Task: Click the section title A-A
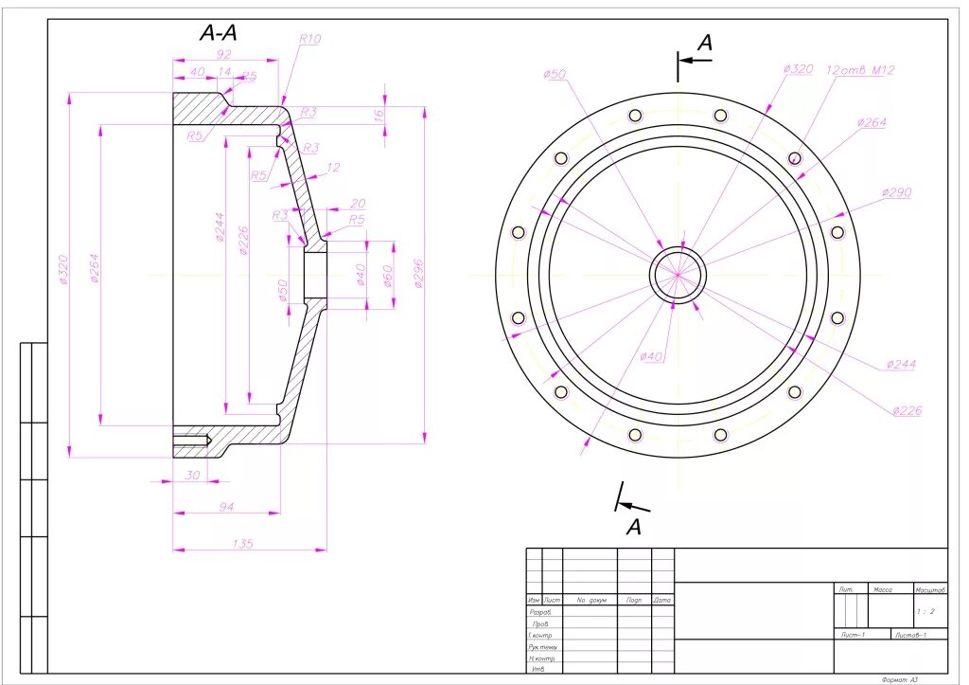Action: [218, 33]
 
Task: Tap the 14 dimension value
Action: [224, 72]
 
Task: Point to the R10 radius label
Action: [310, 39]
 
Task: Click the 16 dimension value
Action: [379, 115]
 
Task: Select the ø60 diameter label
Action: [388, 274]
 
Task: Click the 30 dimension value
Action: [192, 475]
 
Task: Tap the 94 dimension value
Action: [226, 508]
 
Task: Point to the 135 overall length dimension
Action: [243, 544]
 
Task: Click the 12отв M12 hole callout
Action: [860, 70]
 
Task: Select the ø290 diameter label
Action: [896, 192]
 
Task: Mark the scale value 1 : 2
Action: [927, 611]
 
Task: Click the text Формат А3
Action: [899, 679]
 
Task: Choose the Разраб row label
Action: [541, 612]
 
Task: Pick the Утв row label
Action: [537, 669]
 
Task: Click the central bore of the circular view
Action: [678, 275]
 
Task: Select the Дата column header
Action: [662, 600]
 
